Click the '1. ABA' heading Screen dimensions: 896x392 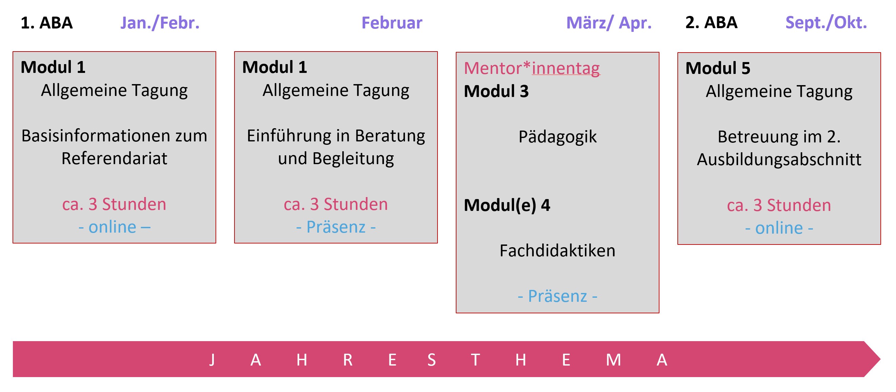coord(47,23)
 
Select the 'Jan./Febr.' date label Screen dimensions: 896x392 coord(160,23)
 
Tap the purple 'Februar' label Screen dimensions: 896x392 coord(392,23)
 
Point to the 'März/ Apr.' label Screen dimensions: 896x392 coord(609,23)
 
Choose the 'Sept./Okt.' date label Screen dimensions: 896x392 coord(827,23)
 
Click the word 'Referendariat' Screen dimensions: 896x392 coord(115,159)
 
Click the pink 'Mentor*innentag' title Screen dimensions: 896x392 coord(532,68)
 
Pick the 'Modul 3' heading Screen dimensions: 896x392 coord(496,92)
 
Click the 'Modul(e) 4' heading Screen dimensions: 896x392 coord(507,205)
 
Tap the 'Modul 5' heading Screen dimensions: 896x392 coord(718,68)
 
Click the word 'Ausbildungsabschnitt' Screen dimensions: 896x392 coord(779,160)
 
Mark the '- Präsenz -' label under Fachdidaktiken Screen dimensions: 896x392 coord(557,297)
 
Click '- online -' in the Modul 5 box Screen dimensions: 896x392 coord(779,228)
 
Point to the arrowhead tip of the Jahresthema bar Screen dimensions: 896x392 coord(880,359)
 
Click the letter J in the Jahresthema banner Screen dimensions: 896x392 coord(212,360)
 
